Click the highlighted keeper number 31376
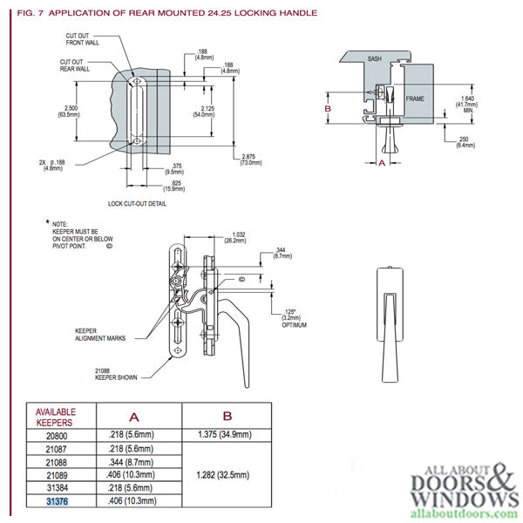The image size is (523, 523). tap(55, 502)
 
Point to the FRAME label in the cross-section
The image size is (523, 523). tap(414, 99)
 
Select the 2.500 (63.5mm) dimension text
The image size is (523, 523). tap(68, 111)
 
